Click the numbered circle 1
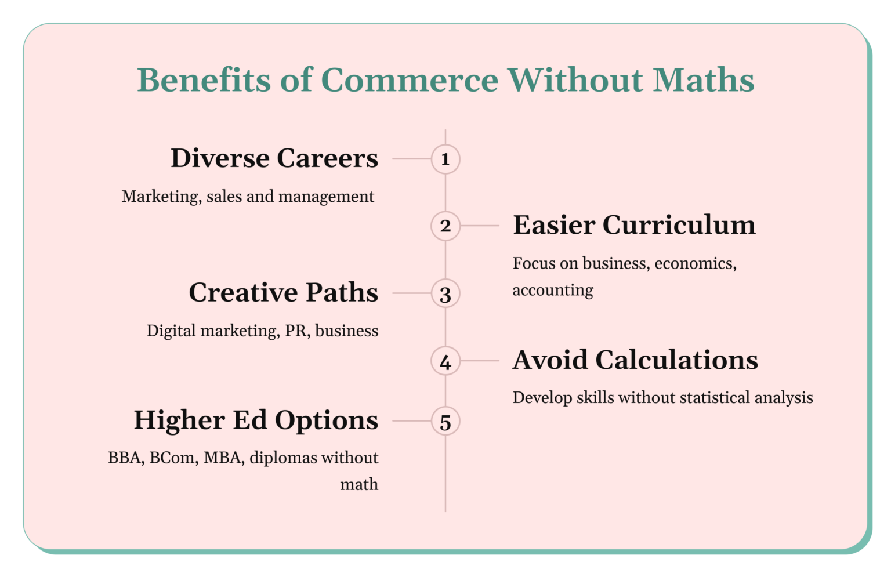click(445, 159)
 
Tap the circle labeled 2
click(445, 226)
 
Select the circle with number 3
click(445, 294)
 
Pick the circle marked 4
click(445, 361)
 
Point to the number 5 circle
click(445, 422)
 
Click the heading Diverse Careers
click(274, 158)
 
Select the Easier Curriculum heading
click(634, 225)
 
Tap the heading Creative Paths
click(283, 292)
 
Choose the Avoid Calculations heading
click(635, 360)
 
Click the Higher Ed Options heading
click(256, 420)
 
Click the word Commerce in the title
click(410, 80)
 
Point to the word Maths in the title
click(703, 80)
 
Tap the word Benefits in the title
click(204, 80)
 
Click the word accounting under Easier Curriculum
click(553, 290)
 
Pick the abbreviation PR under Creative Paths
click(296, 331)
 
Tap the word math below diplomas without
click(359, 485)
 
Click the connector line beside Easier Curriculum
click(480, 226)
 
